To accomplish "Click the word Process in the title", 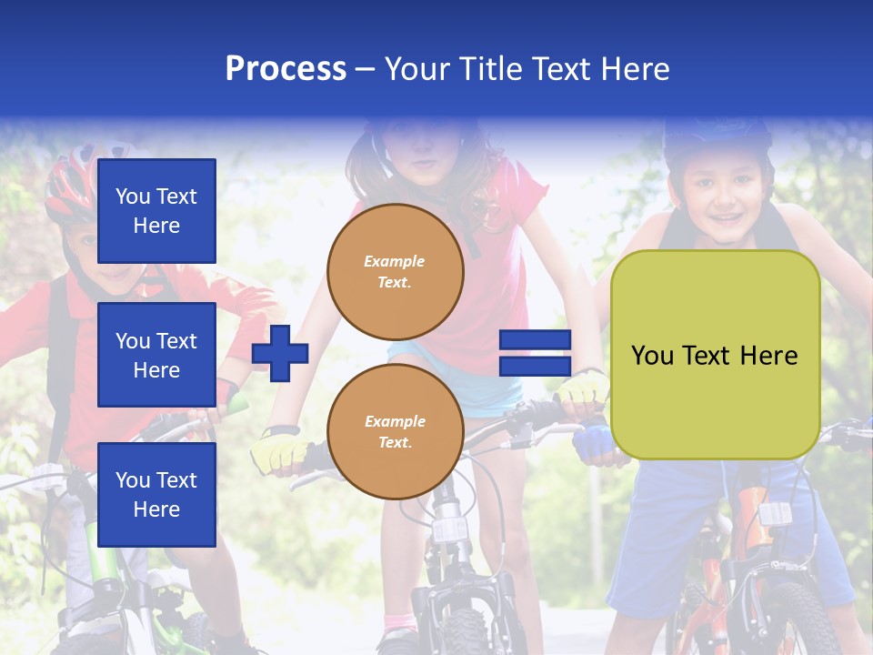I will pyautogui.click(x=286, y=69).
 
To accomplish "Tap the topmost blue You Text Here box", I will pyautogui.click(x=156, y=211).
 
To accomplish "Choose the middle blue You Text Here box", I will pyautogui.click(x=156, y=355).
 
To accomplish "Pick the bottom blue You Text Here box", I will pyautogui.click(x=156, y=494).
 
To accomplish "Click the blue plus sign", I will pyautogui.click(x=280, y=353).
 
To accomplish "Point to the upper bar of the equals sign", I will pyautogui.click(x=536, y=340).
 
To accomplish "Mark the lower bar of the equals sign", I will pyautogui.click(x=536, y=367).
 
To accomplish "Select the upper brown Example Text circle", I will pyautogui.click(x=395, y=271).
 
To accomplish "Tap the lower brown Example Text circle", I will pyautogui.click(x=395, y=431).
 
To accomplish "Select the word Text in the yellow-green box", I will pyautogui.click(x=717, y=356).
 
